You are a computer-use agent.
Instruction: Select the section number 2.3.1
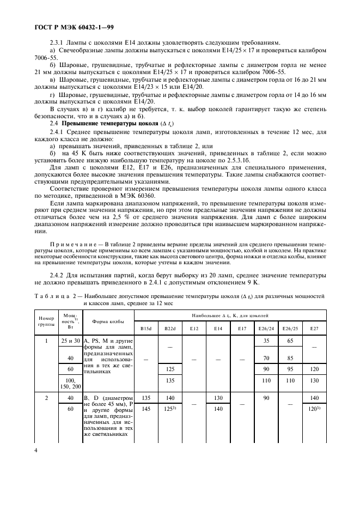[x=57, y=42]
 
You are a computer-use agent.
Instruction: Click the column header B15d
[x=146, y=329]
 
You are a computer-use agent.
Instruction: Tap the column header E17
[x=242, y=329]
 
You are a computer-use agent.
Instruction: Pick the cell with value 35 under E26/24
[x=266, y=341]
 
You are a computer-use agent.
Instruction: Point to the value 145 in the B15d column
[x=146, y=408]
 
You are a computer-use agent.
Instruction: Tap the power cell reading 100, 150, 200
[x=70, y=384]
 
